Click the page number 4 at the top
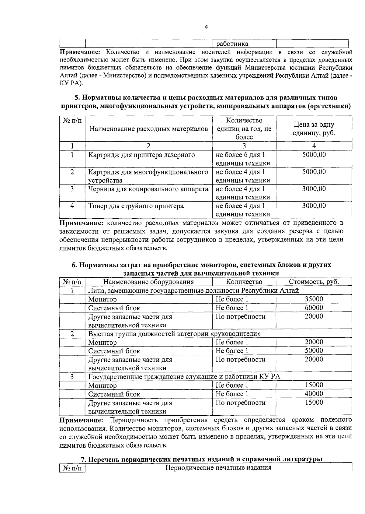[206, 27]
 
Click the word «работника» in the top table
[232, 44]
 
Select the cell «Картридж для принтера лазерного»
[141, 155]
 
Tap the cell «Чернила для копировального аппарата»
[148, 189]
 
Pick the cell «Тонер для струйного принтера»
[136, 206]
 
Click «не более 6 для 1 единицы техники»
[243, 159]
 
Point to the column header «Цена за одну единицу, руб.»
[314, 129]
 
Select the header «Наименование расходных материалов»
[149, 129]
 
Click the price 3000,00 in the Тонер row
[314, 206]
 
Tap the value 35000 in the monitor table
[314, 299]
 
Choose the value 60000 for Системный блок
[314, 308]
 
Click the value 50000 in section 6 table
[314, 350]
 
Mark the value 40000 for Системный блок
[314, 394]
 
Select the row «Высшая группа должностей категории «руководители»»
[175, 334]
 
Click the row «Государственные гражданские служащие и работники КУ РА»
[184, 377]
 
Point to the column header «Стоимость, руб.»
[314, 282]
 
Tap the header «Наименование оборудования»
[148, 282]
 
